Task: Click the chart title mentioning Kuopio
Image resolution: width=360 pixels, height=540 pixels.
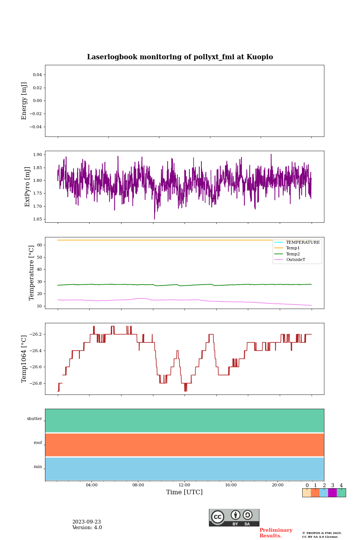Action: pyautogui.click(x=180, y=57)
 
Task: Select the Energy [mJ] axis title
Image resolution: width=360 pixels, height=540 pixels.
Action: pyautogui.click(x=24, y=101)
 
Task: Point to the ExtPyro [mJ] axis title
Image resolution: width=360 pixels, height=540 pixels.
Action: pyautogui.click(x=27, y=187)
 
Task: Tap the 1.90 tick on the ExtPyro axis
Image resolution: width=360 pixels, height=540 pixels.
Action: pyautogui.click(x=38, y=154)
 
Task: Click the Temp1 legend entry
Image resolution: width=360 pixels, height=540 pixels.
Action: pyautogui.click(x=293, y=248)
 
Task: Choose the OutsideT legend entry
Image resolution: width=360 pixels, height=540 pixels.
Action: pyautogui.click(x=295, y=260)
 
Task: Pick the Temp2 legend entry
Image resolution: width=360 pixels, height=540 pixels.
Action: pyautogui.click(x=293, y=254)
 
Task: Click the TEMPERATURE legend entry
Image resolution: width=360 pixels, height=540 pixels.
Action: pyautogui.click(x=303, y=243)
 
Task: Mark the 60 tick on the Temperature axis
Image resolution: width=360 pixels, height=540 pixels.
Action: pyautogui.click(x=39, y=245)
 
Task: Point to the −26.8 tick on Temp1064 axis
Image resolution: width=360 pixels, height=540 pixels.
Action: pyautogui.click(x=35, y=383)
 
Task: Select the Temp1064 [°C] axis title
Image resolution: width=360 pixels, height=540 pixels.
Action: pyautogui.click(x=24, y=359)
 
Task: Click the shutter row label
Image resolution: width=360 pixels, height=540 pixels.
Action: pyautogui.click(x=34, y=419)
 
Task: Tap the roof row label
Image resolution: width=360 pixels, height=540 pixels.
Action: pyautogui.click(x=38, y=443)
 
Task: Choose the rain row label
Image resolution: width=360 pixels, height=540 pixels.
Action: pyautogui.click(x=38, y=467)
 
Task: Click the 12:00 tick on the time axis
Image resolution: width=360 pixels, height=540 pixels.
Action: pyautogui.click(x=184, y=485)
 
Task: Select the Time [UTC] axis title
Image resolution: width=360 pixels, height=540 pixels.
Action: pyautogui.click(x=184, y=492)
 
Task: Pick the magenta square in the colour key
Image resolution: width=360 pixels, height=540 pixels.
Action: pyautogui.click(x=332, y=493)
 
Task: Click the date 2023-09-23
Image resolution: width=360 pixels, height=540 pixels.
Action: pyautogui.click(x=87, y=522)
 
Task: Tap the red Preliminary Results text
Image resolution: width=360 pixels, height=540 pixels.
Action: pyautogui.click(x=276, y=533)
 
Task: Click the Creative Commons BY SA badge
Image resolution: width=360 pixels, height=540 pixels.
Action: pyautogui.click(x=234, y=517)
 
